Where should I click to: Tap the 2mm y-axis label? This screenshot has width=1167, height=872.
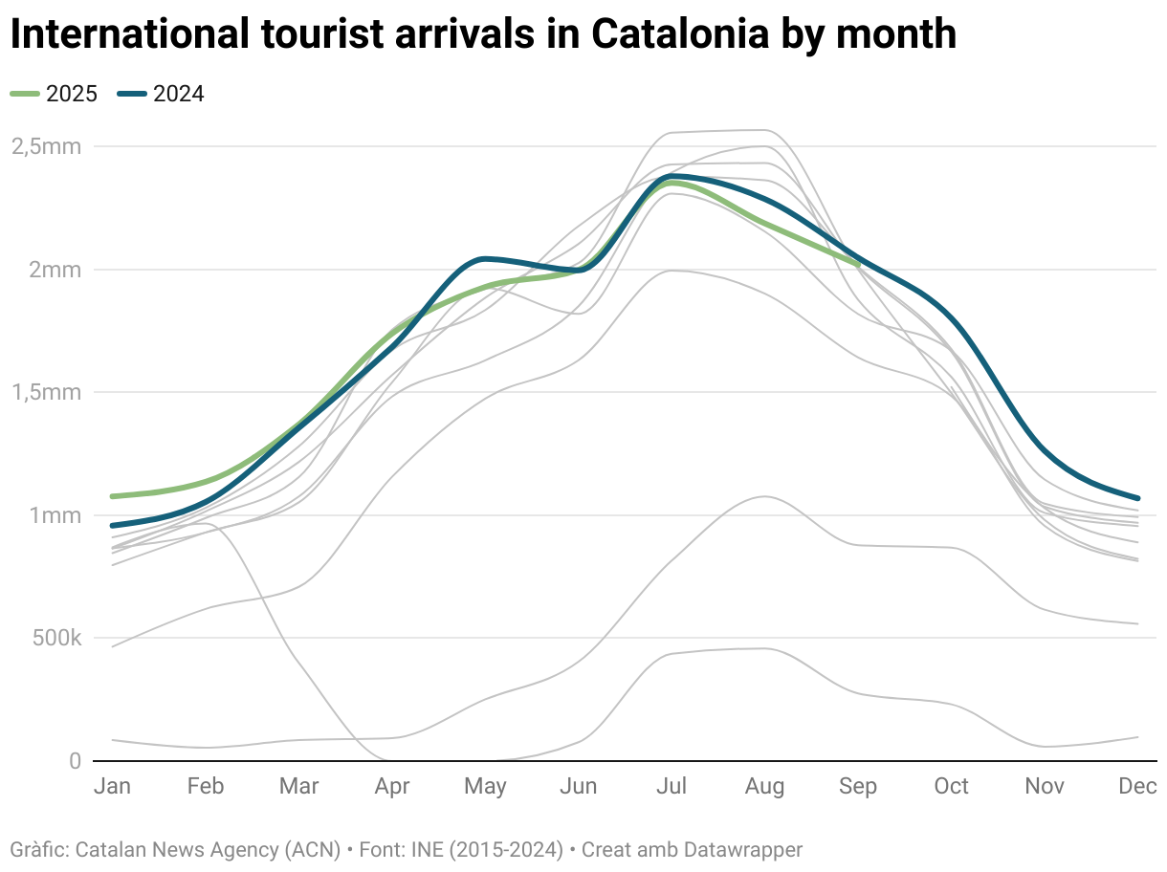click(x=55, y=270)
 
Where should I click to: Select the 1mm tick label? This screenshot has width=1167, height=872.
click(x=55, y=515)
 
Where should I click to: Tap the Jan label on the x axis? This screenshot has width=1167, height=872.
click(x=113, y=786)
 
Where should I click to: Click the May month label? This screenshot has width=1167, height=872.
click(x=485, y=786)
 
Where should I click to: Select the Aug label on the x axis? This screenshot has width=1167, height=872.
click(x=764, y=786)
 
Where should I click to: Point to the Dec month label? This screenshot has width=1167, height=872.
click(x=1137, y=786)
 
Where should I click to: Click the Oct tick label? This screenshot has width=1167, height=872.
click(x=951, y=786)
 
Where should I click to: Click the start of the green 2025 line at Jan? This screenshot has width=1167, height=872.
click(x=113, y=496)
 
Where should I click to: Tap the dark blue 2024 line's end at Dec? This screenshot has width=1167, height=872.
click(x=1137, y=498)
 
